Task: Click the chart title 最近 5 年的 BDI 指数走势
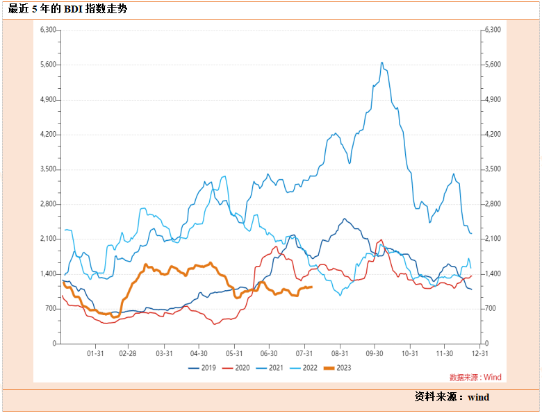coord(67,10)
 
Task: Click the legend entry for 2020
coord(236,368)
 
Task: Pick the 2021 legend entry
coord(271,368)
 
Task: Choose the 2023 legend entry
coord(337,368)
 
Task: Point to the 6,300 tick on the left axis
coord(48,30)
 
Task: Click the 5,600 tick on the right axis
coord(492,65)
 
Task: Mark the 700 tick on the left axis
coord(51,309)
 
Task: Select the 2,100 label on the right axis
coord(492,239)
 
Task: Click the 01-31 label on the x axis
coord(95,353)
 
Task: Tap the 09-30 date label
coord(375,353)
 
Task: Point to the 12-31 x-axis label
coord(479,353)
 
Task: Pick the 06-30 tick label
coord(269,353)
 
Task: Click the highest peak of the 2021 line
coord(382,62)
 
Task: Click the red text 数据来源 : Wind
coord(475,378)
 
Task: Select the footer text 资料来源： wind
coord(452,397)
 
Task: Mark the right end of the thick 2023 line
coord(312,287)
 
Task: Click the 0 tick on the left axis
coord(55,344)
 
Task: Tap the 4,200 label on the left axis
coord(48,135)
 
